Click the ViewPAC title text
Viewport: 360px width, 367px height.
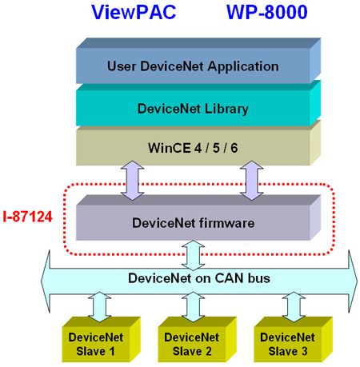(x=134, y=12)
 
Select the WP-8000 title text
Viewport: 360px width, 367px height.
(x=267, y=12)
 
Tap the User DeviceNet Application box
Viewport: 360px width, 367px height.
(x=198, y=61)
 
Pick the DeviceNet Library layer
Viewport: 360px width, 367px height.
(x=198, y=104)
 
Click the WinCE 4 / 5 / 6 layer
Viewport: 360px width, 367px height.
(x=198, y=143)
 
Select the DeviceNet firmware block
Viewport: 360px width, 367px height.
(x=198, y=218)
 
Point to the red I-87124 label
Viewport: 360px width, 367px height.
(x=27, y=217)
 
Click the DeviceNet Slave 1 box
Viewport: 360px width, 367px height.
(x=102, y=339)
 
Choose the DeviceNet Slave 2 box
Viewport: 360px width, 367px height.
(x=198, y=339)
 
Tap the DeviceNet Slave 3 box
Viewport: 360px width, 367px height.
(x=294, y=339)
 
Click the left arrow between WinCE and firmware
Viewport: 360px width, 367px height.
(x=132, y=181)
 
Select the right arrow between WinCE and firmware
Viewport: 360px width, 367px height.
(x=252, y=181)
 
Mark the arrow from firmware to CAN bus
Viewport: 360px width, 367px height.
(x=193, y=255)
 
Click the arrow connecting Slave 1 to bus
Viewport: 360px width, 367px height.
(x=99, y=307)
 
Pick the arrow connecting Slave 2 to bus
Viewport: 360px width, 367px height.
(x=193, y=307)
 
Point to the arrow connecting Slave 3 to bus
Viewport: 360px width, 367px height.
(x=294, y=307)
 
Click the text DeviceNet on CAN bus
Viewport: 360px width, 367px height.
(x=199, y=278)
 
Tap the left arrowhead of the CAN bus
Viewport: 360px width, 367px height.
(x=46, y=281)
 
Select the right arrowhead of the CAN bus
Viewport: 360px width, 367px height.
(x=353, y=281)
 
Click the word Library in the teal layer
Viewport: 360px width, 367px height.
(x=226, y=110)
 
